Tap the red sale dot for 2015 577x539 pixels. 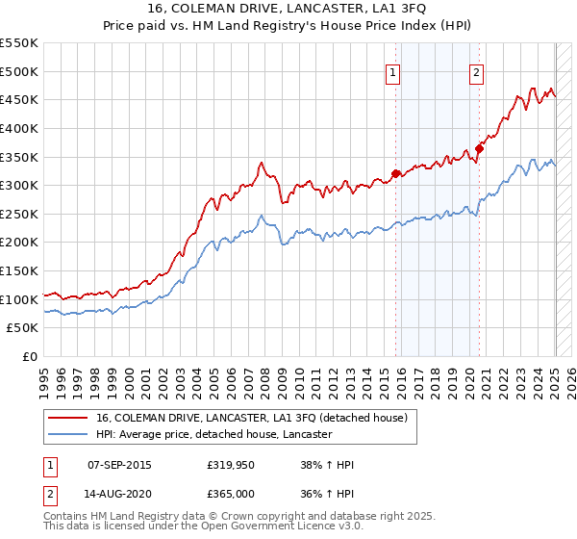click(x=395, y=173)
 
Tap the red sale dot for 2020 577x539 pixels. click(x=478, y=148)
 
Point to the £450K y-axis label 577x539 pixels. click(x=19, y=99)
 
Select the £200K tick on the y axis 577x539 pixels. click(x=19, y=243)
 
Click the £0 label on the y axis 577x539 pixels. click(x=29, y=357)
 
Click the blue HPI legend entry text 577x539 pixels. click(x=213, y=434)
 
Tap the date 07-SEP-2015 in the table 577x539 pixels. click(x=119, y=465)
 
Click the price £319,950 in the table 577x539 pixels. click(x=229, y=465)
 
